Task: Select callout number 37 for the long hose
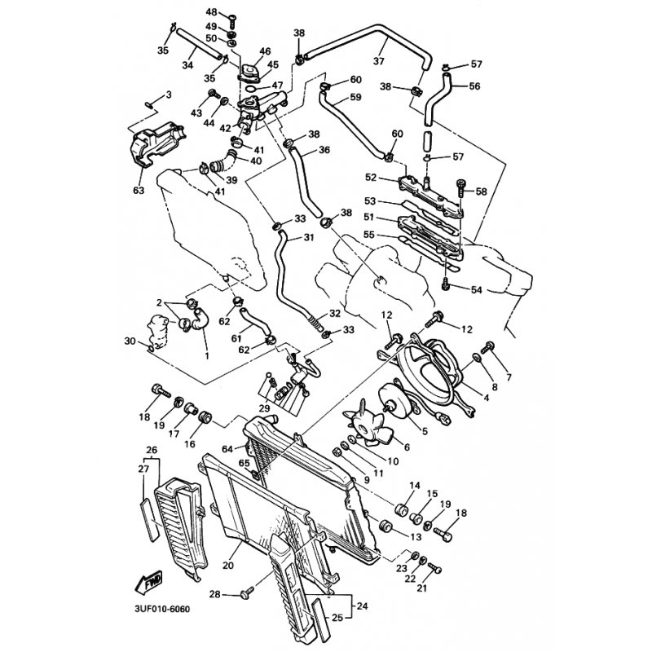tap(378, 60)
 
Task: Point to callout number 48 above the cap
tap(211, 13)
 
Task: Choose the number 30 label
tap(129, 341)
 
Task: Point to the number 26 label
tap(152, 450)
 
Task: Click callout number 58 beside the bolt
tap(481, 192)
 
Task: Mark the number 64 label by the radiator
tap(228, 447)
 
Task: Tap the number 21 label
tap(422, 588)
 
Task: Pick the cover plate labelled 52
tap(428, 181)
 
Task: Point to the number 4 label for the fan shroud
tap(486, 399)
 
